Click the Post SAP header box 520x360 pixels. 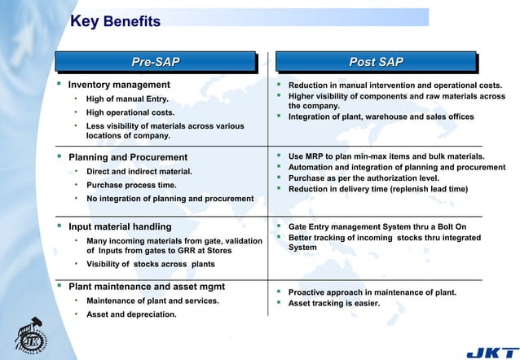point(376,63)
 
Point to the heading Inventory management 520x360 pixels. point(119,85)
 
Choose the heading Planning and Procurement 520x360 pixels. point(127,157)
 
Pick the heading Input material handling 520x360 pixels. point(119,226)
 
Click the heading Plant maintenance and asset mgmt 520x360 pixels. point(146,287)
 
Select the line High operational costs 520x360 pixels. point(130,112)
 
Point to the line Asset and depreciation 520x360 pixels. point(130,314)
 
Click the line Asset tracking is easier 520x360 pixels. point(334,305)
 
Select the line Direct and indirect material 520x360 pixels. point(139,171)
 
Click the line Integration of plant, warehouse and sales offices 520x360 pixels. point(381,117)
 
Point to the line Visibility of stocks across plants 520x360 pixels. point(150,265)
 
